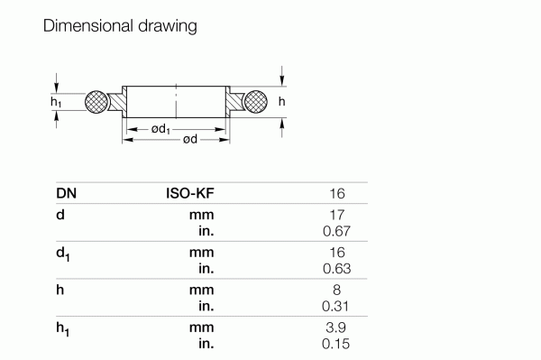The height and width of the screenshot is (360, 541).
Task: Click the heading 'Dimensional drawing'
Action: point(120,26)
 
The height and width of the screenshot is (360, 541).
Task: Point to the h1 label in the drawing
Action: point(57,104)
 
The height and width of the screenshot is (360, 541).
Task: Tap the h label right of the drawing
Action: point(282,103)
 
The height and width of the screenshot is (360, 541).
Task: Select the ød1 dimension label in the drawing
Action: point(162,130)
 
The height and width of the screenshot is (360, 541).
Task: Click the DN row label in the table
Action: point(66,193)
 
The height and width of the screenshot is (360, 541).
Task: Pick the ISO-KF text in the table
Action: point(189,193)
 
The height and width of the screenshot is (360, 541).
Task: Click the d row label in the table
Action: point(60,216)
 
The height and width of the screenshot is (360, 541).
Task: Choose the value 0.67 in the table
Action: point(335,231)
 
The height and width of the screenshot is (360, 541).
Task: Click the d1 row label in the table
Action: point(63,254)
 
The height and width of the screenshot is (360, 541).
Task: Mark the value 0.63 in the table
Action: point(335,269)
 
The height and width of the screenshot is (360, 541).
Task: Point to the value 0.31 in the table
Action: point(335,306)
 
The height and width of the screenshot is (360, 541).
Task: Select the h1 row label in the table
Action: point(63,329)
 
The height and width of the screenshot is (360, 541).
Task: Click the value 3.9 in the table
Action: point(336,328)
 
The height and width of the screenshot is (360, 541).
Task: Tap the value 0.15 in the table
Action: point(335,344)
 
